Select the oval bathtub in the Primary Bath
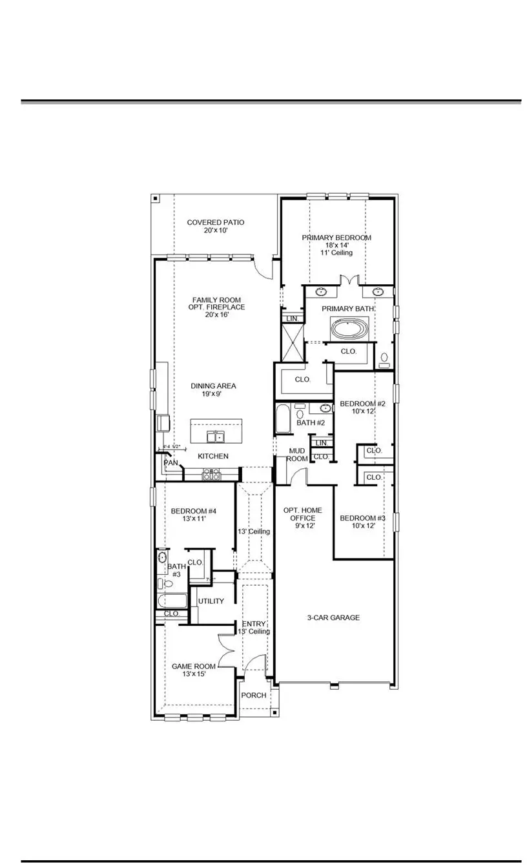tap(349, 328)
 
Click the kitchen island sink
tap(216, 437)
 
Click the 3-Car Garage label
tap(333, 618)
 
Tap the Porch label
tap(253, 696)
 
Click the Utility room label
tap(211, 601)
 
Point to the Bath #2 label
tap(311, 423)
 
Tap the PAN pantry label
tap(170, 463)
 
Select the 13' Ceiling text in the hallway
tap(254, 532)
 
